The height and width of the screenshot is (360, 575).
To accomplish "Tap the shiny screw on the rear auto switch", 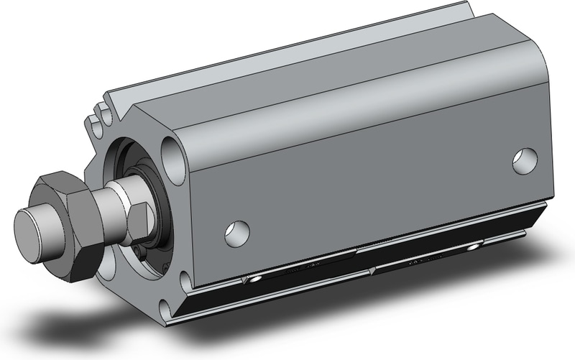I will pos(471,247).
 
